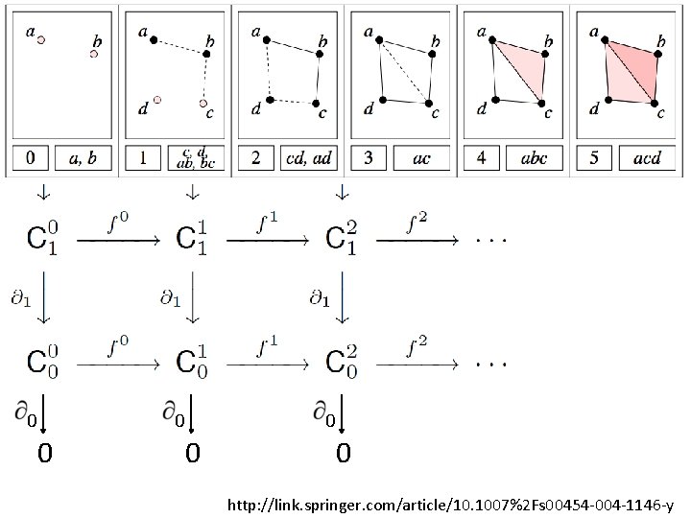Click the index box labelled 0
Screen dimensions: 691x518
31,158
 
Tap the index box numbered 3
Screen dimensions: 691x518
369,158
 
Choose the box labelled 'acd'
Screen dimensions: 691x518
647,158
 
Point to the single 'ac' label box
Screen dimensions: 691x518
420,158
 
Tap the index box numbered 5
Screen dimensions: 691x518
594,158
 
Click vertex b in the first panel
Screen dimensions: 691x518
94,54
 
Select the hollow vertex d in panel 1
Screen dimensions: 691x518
157,100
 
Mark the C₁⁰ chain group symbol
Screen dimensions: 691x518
41,239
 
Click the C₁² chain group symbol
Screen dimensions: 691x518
342,239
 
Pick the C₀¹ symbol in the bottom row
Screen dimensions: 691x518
192,363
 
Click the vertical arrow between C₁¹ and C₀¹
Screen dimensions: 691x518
193,298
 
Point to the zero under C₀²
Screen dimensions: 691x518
343,452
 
